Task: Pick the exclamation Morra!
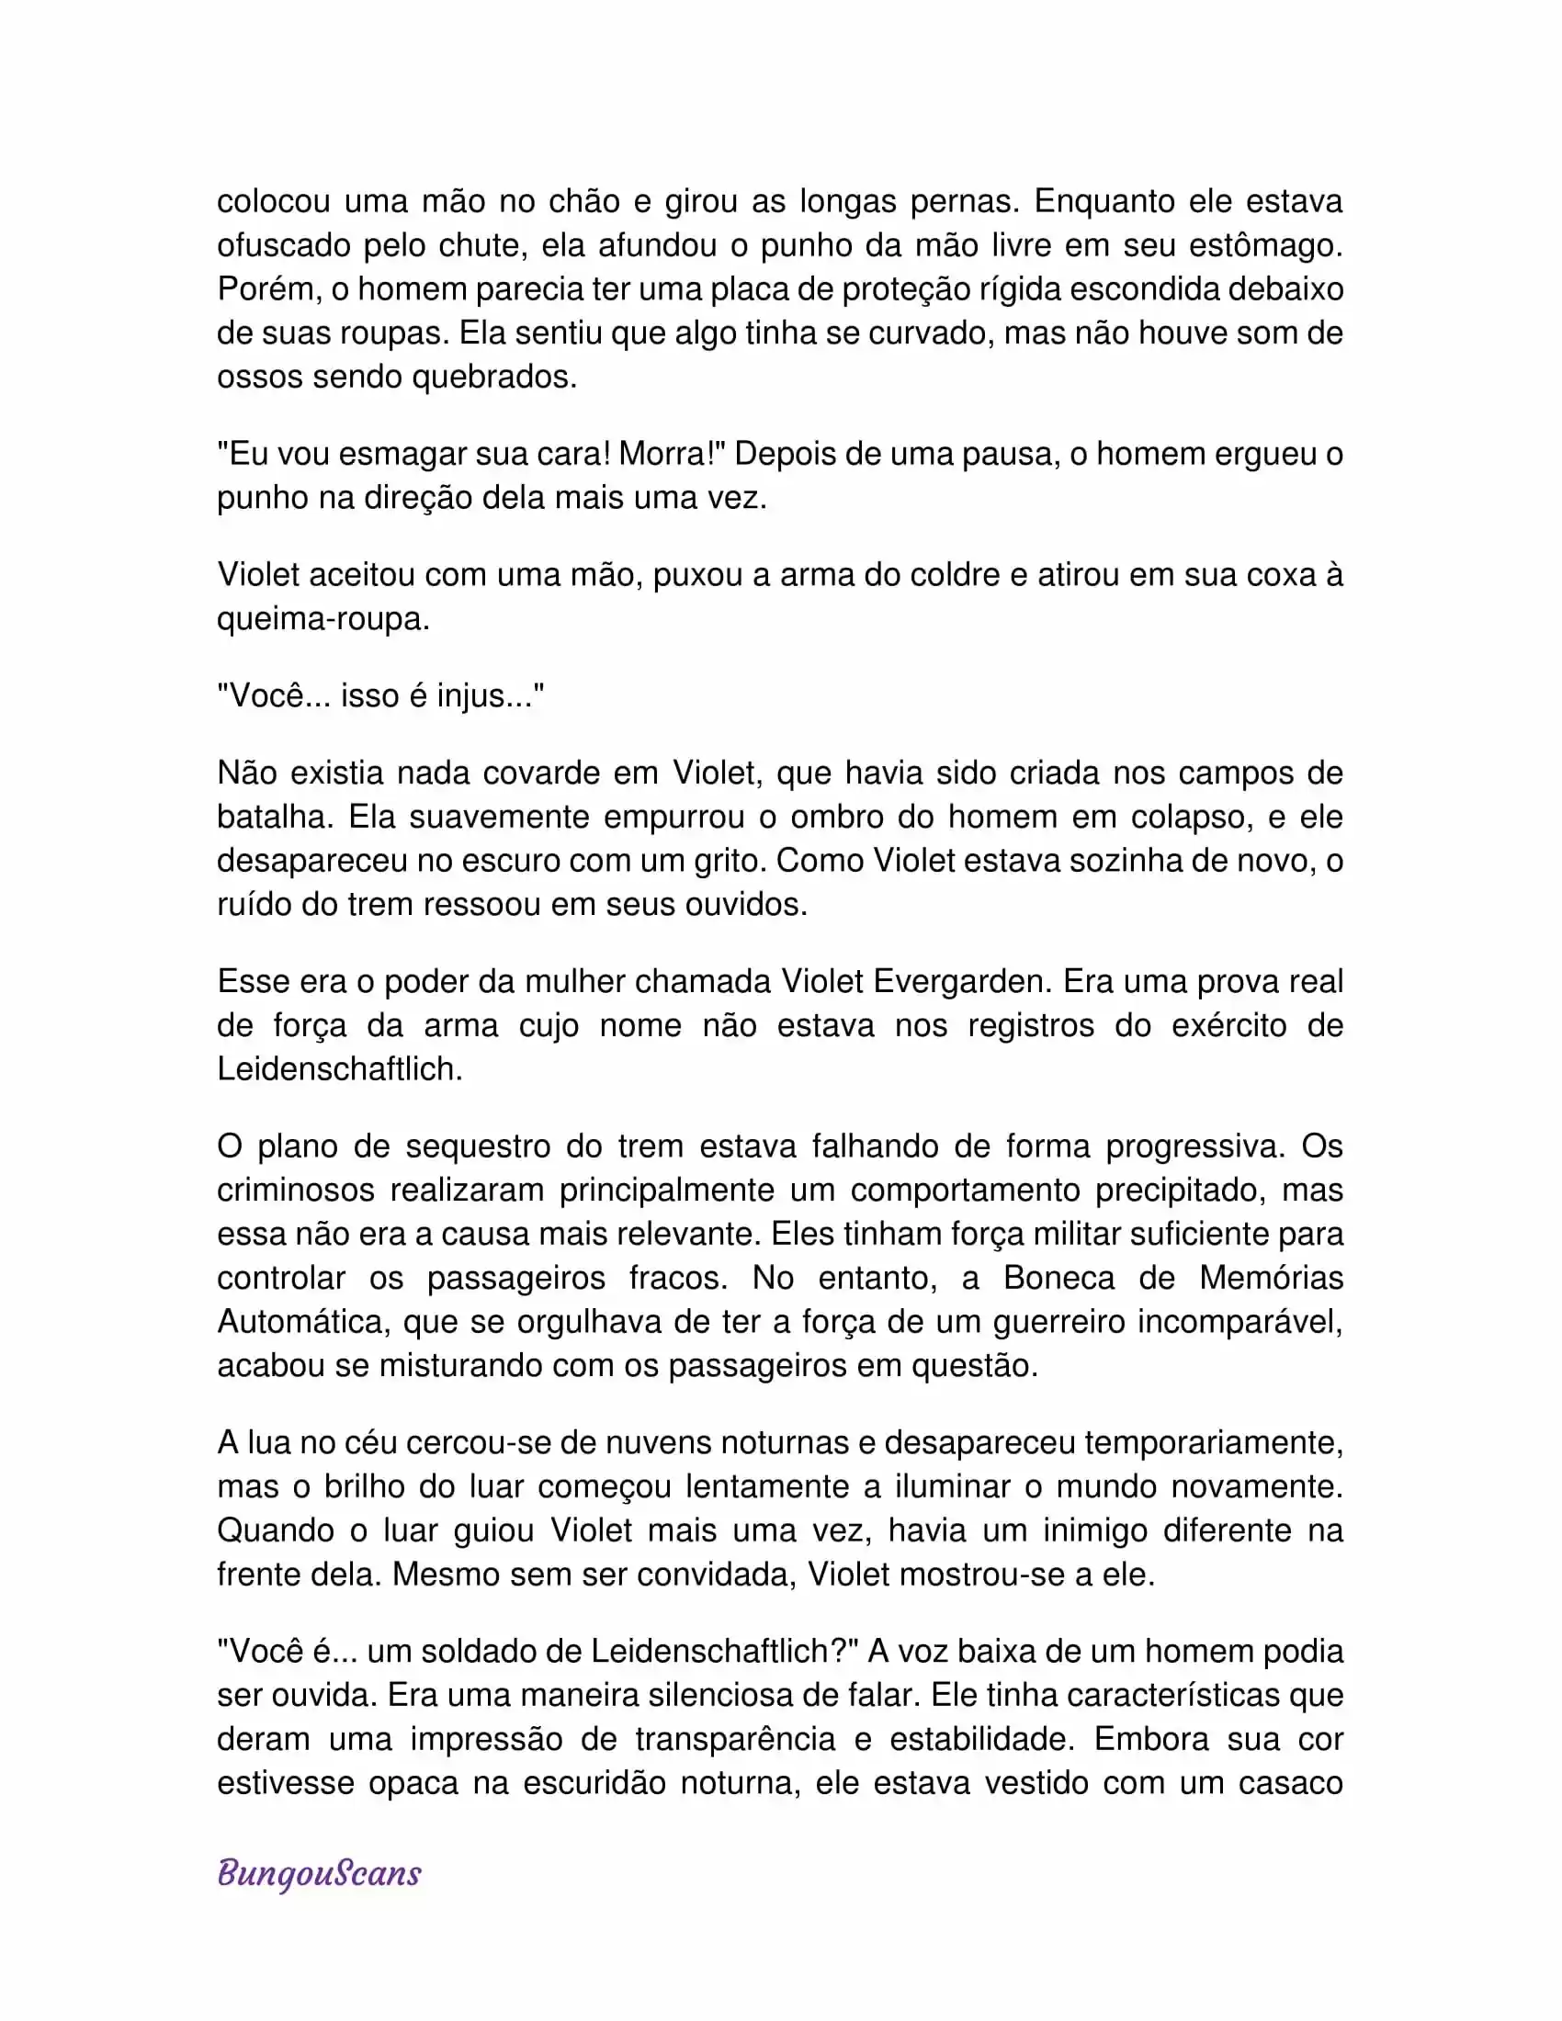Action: [672, 454]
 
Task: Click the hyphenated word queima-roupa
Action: [323, 618]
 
